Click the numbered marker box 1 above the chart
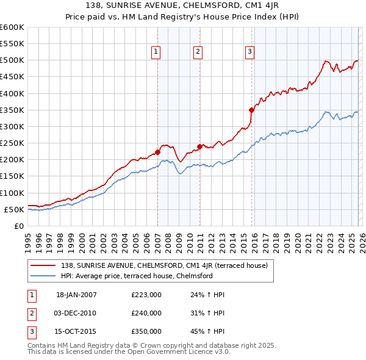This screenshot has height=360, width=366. coord(157,52)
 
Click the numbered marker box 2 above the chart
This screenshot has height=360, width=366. coord(199,52)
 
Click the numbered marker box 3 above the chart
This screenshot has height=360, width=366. coord(250,52)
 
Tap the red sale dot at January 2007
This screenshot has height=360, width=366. coord(157,152)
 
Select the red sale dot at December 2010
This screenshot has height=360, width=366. coord(199,146)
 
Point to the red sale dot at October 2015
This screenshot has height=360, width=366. coord(251,110)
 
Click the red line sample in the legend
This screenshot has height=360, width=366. coord(44,265)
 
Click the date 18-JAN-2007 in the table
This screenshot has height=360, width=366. coord(76,295)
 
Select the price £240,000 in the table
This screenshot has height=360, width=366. coord(146,313)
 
